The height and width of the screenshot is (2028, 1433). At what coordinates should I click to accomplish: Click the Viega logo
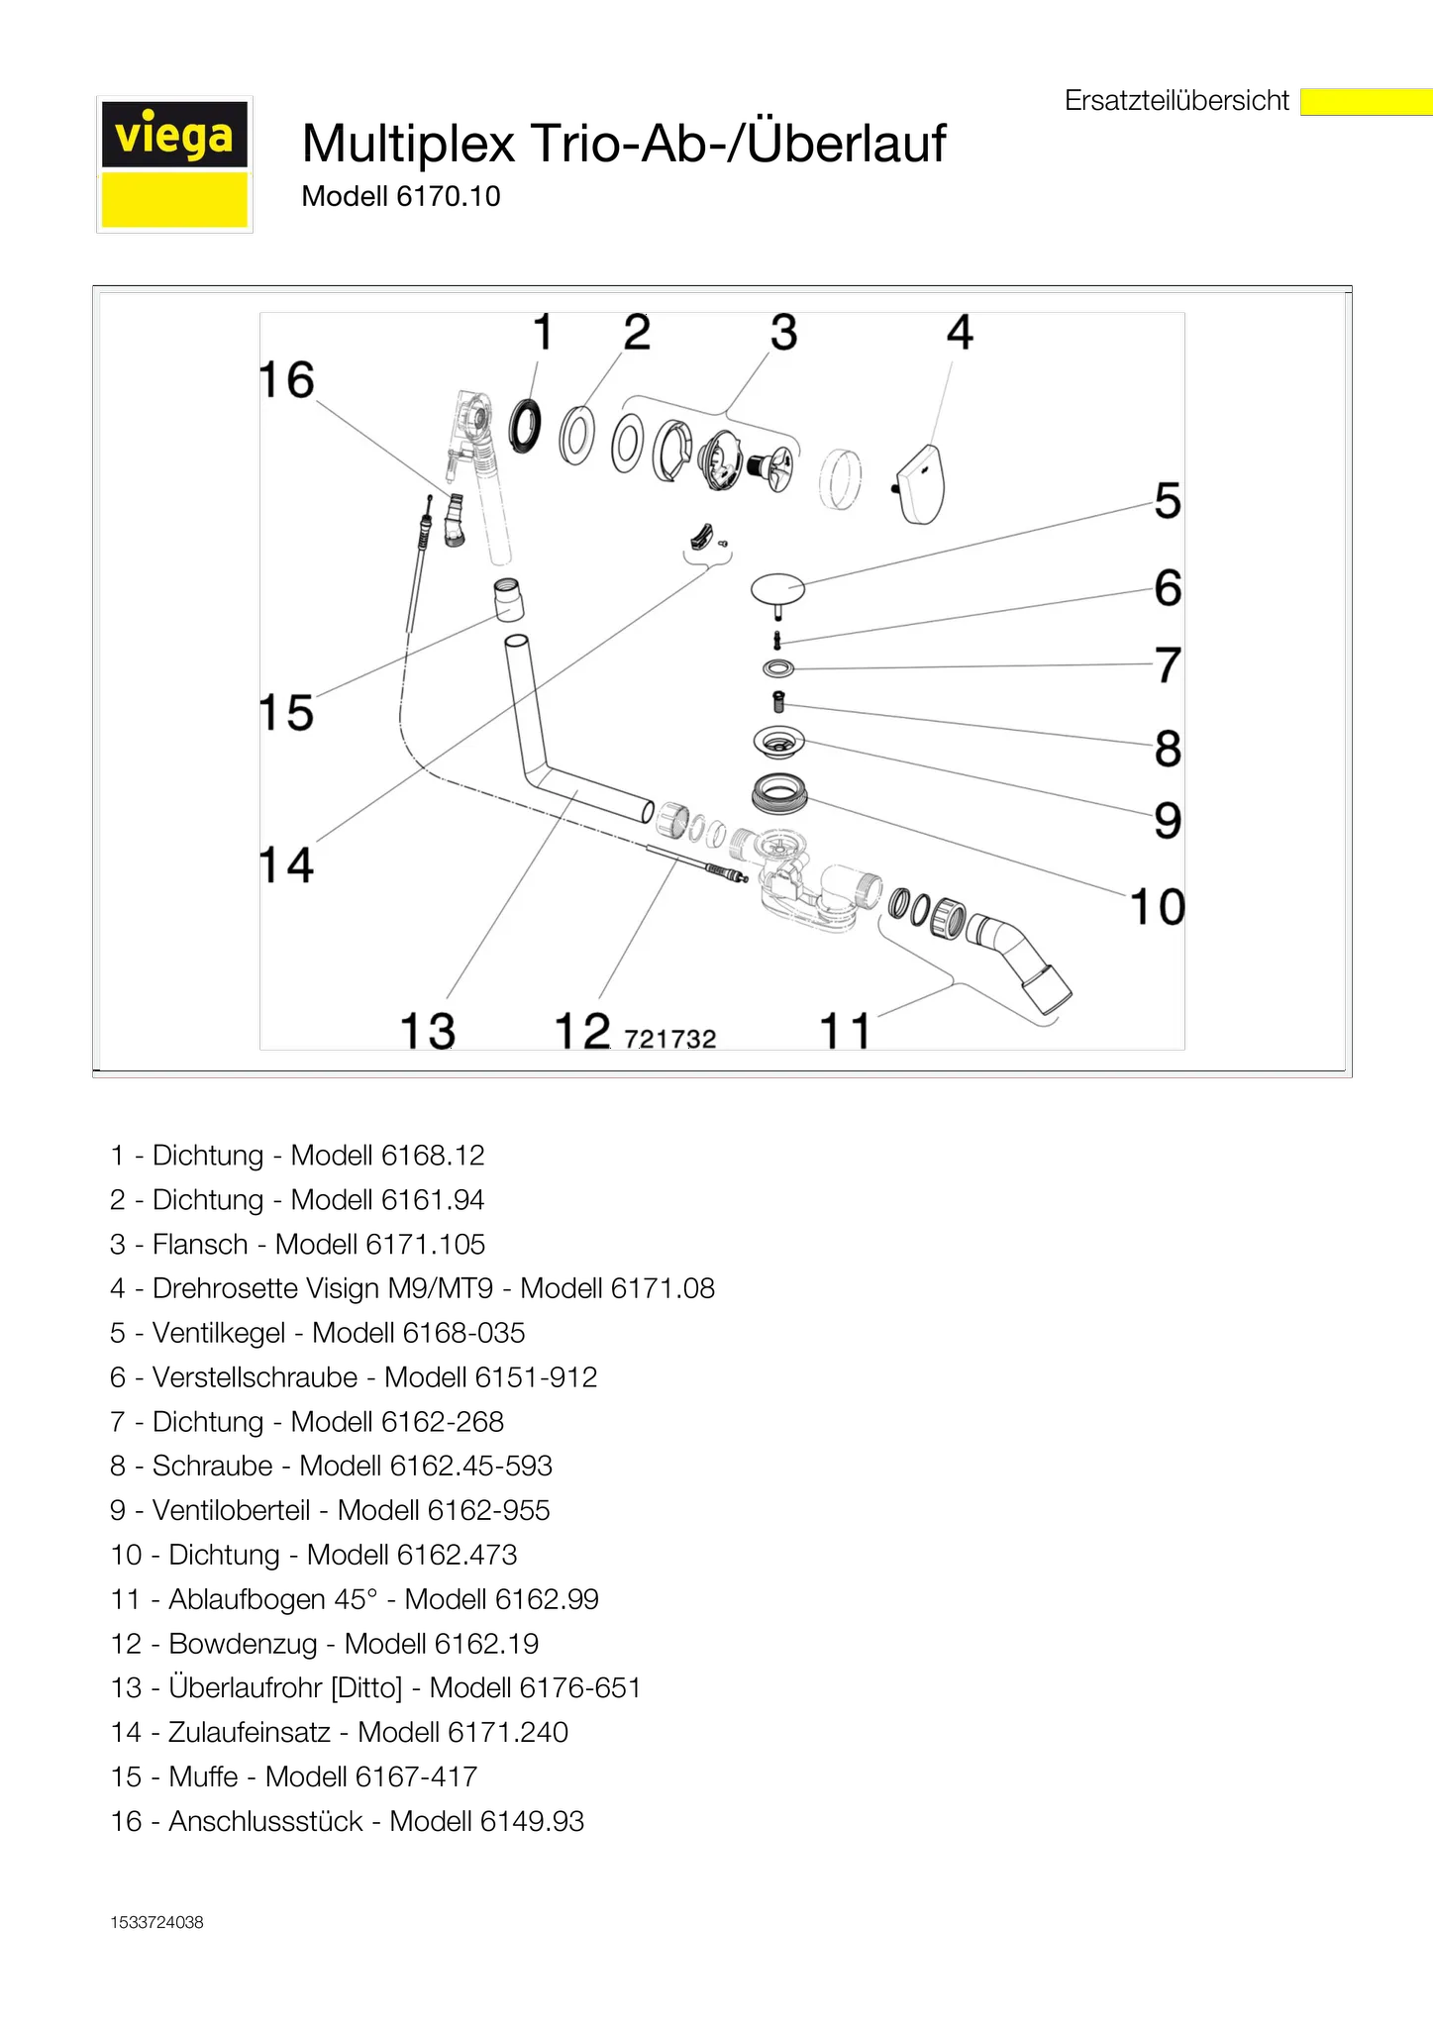click(174, 164)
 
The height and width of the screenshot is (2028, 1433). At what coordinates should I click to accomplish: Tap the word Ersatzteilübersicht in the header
click(1177, 101)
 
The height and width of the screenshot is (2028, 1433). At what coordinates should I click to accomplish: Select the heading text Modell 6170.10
click(401, 196)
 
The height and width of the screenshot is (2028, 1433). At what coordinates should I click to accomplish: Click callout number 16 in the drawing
click(286, 380)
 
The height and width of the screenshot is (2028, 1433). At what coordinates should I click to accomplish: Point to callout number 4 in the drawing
click(960, 333)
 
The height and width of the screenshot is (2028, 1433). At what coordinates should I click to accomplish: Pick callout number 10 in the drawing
click(1158, 907)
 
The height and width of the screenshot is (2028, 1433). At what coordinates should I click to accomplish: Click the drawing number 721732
click(670, 1039)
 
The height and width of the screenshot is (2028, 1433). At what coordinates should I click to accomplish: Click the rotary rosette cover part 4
click(920, 484)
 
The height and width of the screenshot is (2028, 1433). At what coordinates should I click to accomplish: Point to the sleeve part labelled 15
click(509, 599)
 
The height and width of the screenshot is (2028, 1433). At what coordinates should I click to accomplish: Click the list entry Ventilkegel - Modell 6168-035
click(318, 1333)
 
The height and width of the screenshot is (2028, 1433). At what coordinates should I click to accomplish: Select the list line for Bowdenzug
click(325, 1644)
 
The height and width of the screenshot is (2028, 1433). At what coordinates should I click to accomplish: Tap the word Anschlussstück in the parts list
click(265, 1821)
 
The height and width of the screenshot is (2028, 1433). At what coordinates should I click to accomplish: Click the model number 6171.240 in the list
click(508, 1732)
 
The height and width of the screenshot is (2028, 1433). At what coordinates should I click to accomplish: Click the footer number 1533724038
click(157, 1922)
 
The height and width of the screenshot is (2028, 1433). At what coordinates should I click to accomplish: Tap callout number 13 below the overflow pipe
click(428, 1030)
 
